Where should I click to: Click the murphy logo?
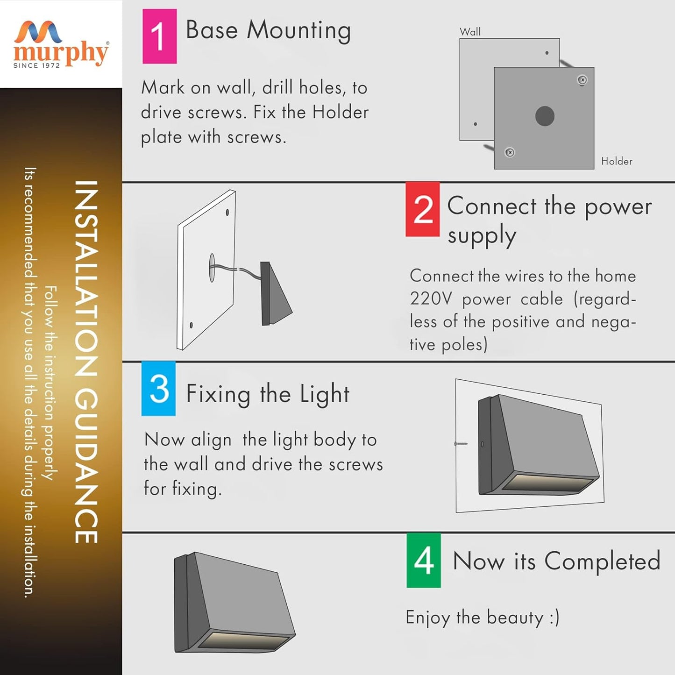(61, 44)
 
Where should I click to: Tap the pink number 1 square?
(159, 36)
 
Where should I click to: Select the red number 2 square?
(422, 209)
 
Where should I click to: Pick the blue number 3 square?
(159, 389)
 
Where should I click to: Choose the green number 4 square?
(424, 561)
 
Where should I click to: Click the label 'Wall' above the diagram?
(470, 32)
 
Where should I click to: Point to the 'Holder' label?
(617, 161)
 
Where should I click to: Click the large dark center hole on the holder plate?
(545, 116)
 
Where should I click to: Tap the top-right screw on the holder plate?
(582, 80)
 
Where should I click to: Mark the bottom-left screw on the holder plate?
(510, 153)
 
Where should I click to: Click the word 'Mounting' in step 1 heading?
(299, 31)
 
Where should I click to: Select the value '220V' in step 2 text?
(431, 299)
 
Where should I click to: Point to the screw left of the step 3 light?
(461, 444)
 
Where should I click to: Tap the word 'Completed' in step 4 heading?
(602, 561)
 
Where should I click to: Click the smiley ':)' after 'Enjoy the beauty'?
(554, 617)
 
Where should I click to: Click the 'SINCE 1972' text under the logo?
(36, 65)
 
